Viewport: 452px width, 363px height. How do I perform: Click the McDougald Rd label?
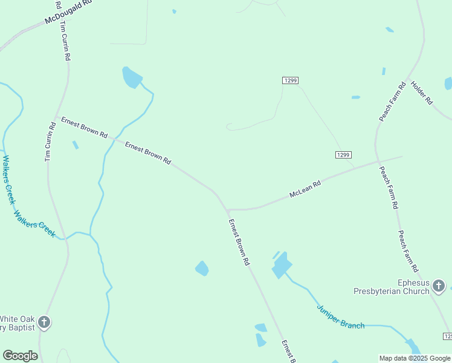pos(68,12)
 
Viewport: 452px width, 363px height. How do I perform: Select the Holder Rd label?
pos(422,93)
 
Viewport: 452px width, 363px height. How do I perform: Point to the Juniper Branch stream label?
pos(340,316)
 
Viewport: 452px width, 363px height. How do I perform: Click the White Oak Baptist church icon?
pos(44,322)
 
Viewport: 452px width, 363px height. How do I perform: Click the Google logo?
pos(20,356)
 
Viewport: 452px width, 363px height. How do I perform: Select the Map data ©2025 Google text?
pos(415,358)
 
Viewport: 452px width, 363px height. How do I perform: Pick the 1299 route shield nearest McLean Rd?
pos(343,155)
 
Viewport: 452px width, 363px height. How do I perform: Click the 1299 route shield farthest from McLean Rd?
pos(290,80)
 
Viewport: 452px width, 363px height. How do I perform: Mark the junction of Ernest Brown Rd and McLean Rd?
pos(228,210)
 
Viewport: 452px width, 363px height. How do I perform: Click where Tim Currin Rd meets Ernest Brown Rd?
pos(56,116)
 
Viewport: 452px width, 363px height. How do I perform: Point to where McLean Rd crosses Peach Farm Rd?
pos(376,162)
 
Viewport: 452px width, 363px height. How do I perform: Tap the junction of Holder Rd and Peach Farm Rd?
pos(411,77)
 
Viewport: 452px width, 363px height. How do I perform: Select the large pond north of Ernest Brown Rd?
pos(131,77)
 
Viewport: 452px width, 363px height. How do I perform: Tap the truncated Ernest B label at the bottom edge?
pos(288,352)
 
